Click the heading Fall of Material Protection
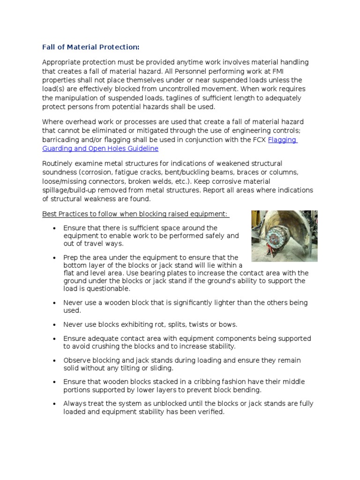point(91,47)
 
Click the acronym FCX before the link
point(259,140)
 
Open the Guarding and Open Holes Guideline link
point(100,148)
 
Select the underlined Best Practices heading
point(135,214)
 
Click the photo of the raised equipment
point(284,236)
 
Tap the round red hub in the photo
point(274,239)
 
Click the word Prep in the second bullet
point(71,257)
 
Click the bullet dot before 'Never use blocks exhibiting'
point(54,324)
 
